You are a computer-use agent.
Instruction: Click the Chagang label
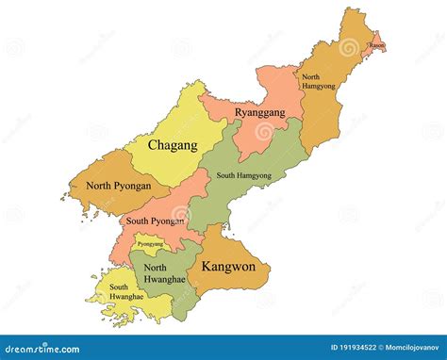[173, 145]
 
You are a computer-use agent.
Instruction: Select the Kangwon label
[228, 267]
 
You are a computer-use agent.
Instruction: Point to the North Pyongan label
[118, 186]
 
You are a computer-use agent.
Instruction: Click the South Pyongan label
[156, 221]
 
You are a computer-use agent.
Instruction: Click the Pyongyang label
[150, 244]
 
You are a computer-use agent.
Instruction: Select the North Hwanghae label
[161, 273]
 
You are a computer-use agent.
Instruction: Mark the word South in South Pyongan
[138, 221]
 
